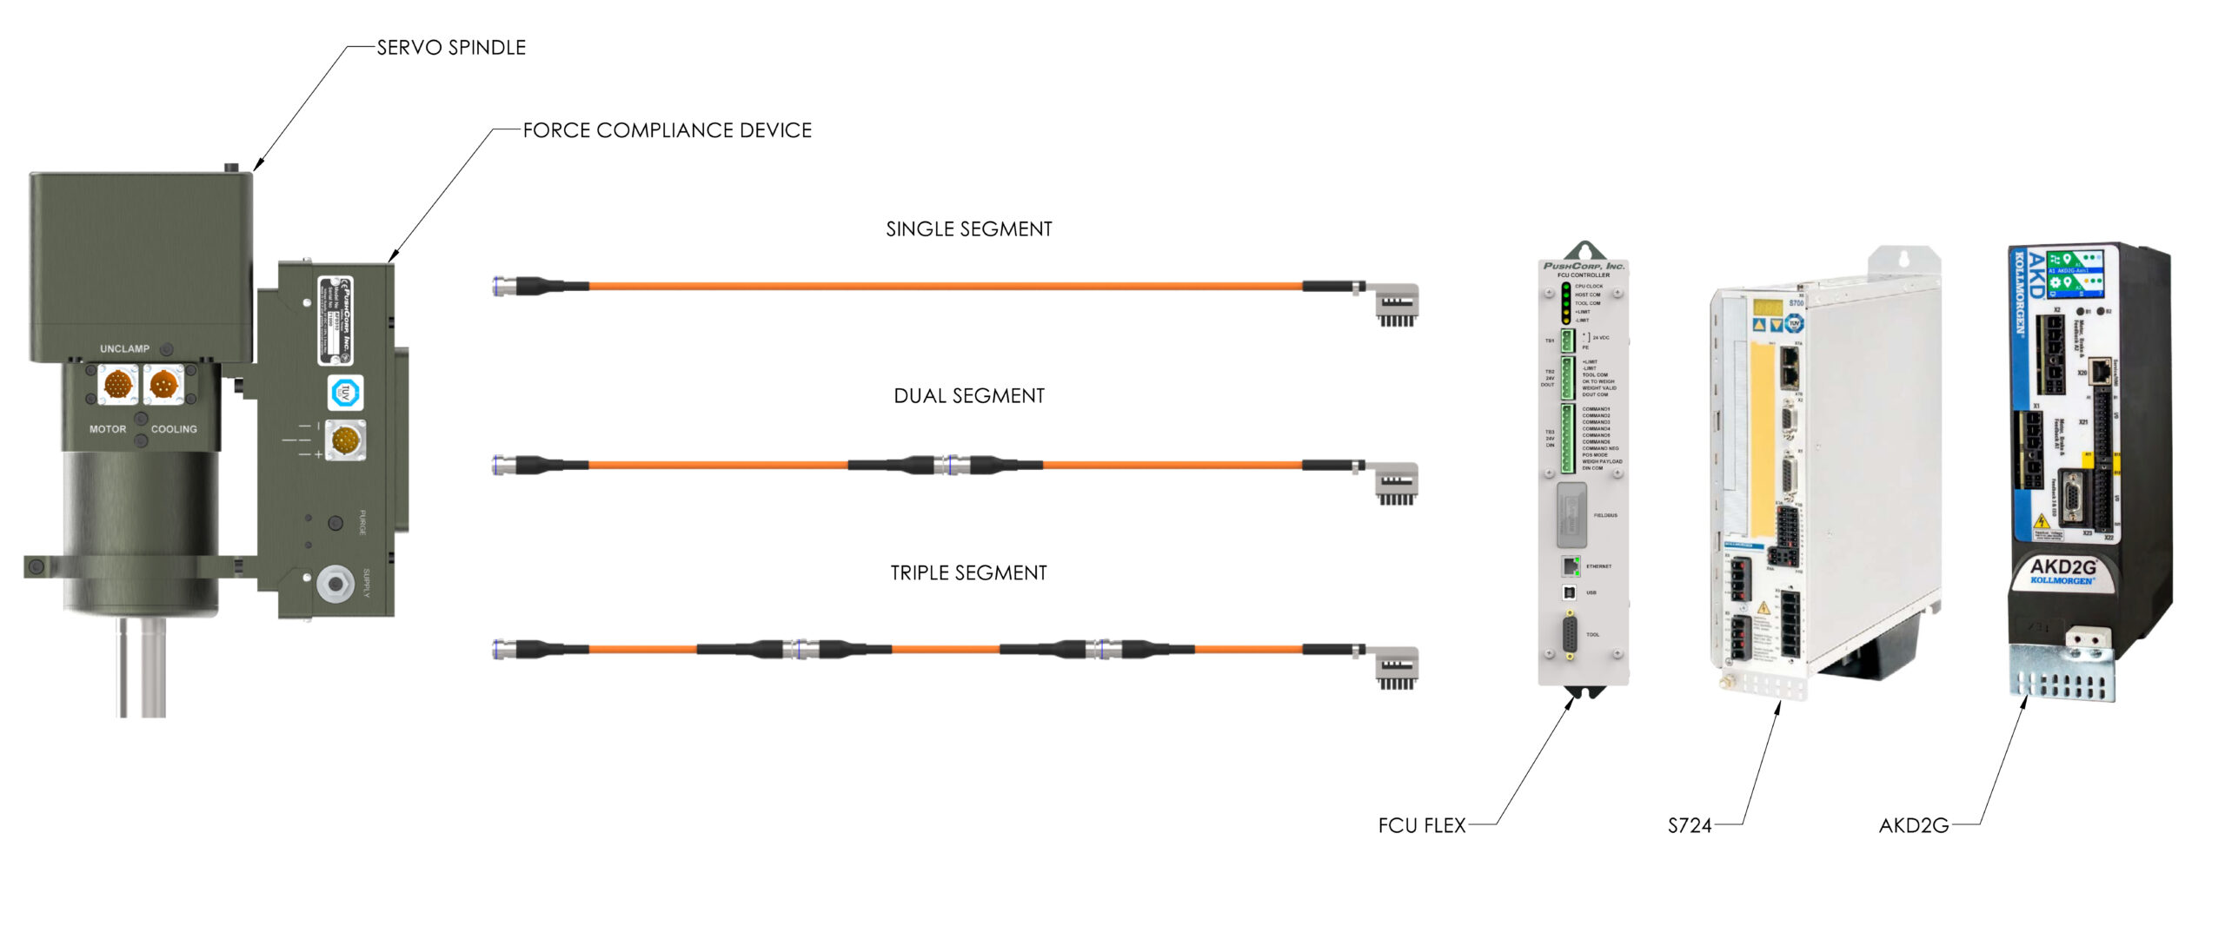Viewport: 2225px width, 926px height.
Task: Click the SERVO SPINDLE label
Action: pyautogui.click(x=451, y=48)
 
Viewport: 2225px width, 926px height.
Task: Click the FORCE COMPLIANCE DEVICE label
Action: pyautogui.click(x=667, y=130)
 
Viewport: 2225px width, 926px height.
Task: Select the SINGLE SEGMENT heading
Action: pyautogui.click(x=968, y=229)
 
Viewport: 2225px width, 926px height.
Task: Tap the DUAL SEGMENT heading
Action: pyautogui.click(x=968, y=396)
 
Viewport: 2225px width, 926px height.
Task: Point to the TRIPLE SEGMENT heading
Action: pyautogui.click(x=968, y=573)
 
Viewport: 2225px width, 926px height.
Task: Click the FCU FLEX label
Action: pyautogui.click(x=1421, y=825)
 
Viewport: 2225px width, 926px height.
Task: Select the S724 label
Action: pyautogui.click(x=1689, y=825)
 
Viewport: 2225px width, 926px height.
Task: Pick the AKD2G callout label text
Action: pyautogui.click(x=1913, y=825)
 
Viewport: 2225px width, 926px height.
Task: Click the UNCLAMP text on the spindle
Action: pyautogui.click(x=124, y=349)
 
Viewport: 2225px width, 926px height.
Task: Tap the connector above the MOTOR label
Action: pyautogui.click(x=117, y=383)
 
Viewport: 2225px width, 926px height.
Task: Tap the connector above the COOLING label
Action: pyautogui.click(x=163, y=383)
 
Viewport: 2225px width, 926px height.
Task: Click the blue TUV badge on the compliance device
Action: pyautogui.click(x=346, y=393)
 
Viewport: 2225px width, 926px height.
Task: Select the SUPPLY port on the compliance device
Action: pyautogui.click(x=335, y=583)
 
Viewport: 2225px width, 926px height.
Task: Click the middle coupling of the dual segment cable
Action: pyautogui.click(x=945, y=466)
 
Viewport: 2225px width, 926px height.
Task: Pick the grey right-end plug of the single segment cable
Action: pyautogui.click(x=1397, y=303)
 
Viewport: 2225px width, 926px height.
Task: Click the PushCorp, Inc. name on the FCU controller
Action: pyautogui.click(x=1583, y=266)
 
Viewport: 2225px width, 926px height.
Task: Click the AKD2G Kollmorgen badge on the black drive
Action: pyautogui.click(x=2062, y=572)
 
